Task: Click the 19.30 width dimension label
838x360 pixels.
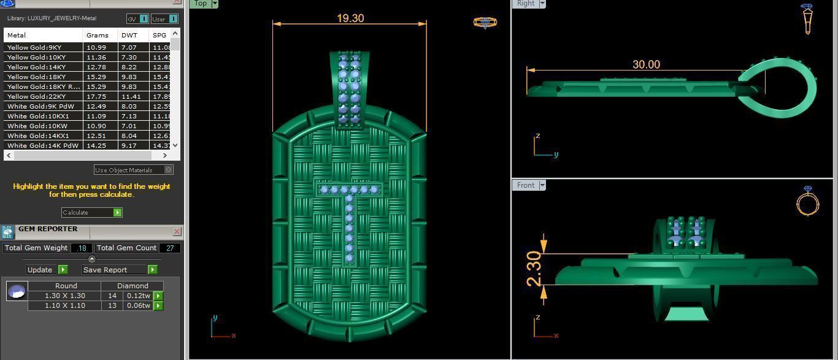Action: [350, 18]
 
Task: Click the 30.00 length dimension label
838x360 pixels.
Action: [646, 64]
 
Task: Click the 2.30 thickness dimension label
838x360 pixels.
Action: [534, 269]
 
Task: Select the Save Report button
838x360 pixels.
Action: [120, 270]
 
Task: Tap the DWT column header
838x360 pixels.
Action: [129, 35]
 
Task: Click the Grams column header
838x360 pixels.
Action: [98, 35]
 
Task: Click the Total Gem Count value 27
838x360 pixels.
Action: [170, 248]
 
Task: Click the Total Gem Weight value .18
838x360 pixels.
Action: [82, 248]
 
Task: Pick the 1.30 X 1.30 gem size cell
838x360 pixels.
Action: [65, 296]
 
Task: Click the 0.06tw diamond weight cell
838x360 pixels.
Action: [139, 305]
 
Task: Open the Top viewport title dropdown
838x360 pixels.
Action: [214, 4]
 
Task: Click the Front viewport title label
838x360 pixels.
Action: [526, 185]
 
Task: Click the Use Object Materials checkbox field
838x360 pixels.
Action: [133, 170]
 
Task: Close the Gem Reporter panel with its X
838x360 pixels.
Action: [177, 231]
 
